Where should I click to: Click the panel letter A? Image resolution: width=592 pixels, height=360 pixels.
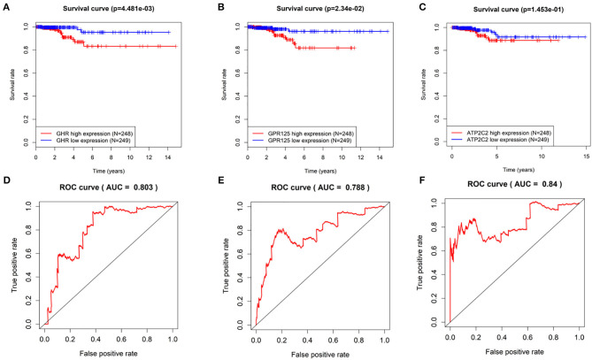[7, 7]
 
